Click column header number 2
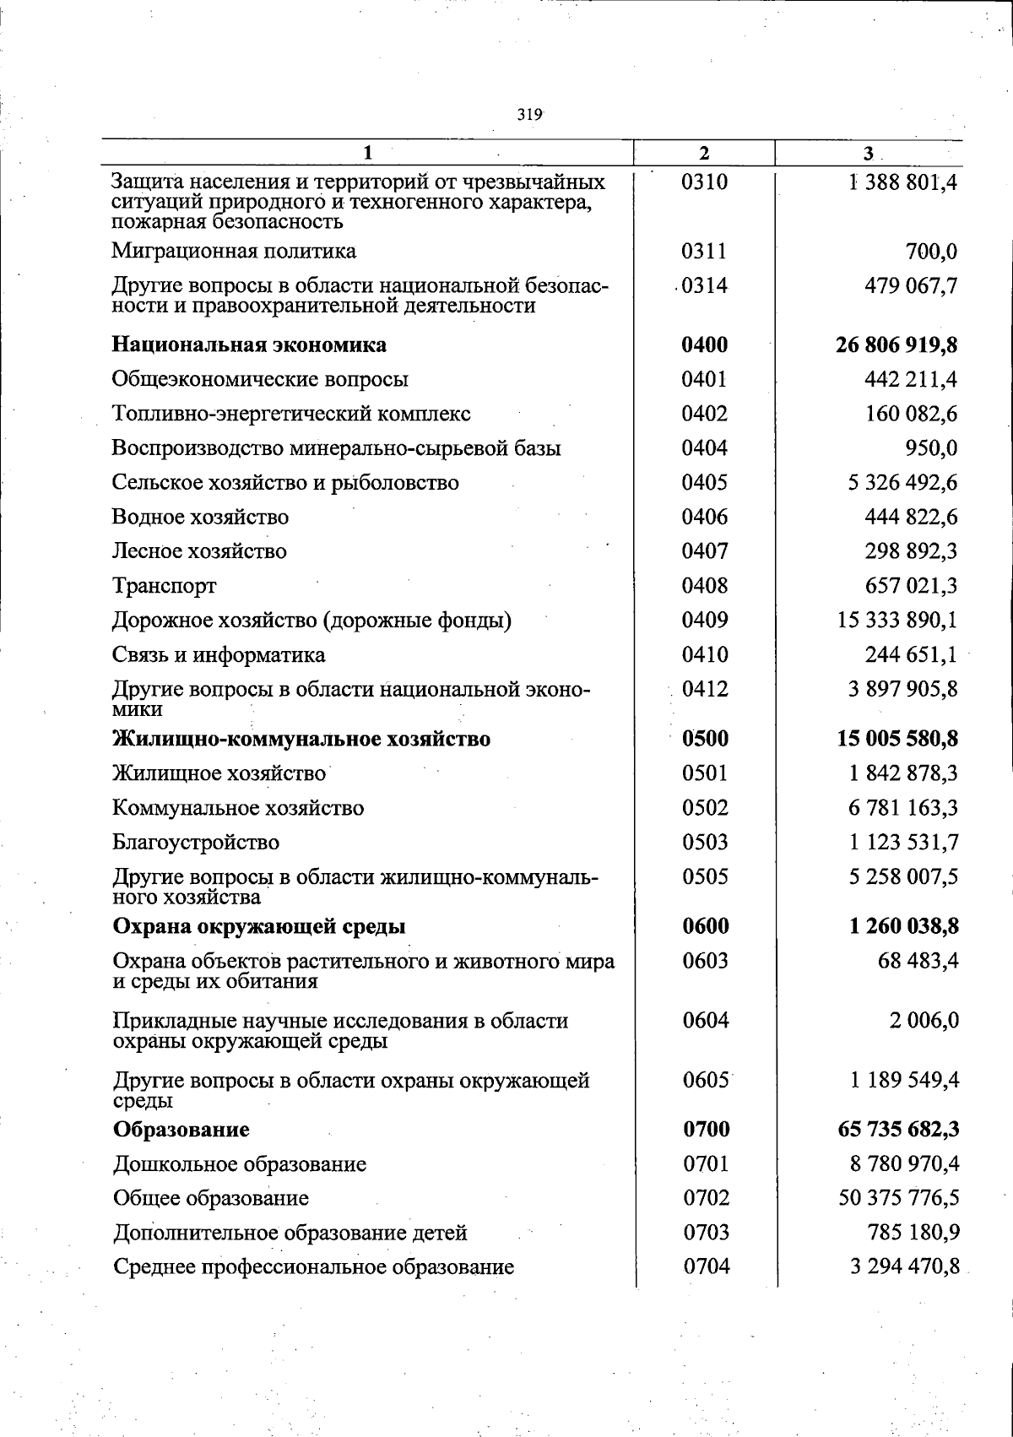(x=704, y=153)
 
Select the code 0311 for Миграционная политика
(x=704, y=252)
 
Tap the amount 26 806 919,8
(x=897, y=345)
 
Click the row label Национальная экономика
(x=250, y=345)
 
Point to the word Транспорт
(x=165, y=586)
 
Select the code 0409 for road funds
(x=705, y=621)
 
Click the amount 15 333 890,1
(x=897, y=621)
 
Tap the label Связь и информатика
(x=219, y=655)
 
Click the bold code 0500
(x=705, y=740)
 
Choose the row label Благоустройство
(x=196, y=843)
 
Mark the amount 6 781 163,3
(x=903, y=808)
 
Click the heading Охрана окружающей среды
(x=259, y=927)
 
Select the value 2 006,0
(x=924, y=1021)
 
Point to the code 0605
(x=706, y=1081)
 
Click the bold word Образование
(x=181, y=1130)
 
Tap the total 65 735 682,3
(x=897, y=1130)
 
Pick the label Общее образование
(x=211, y=1199)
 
